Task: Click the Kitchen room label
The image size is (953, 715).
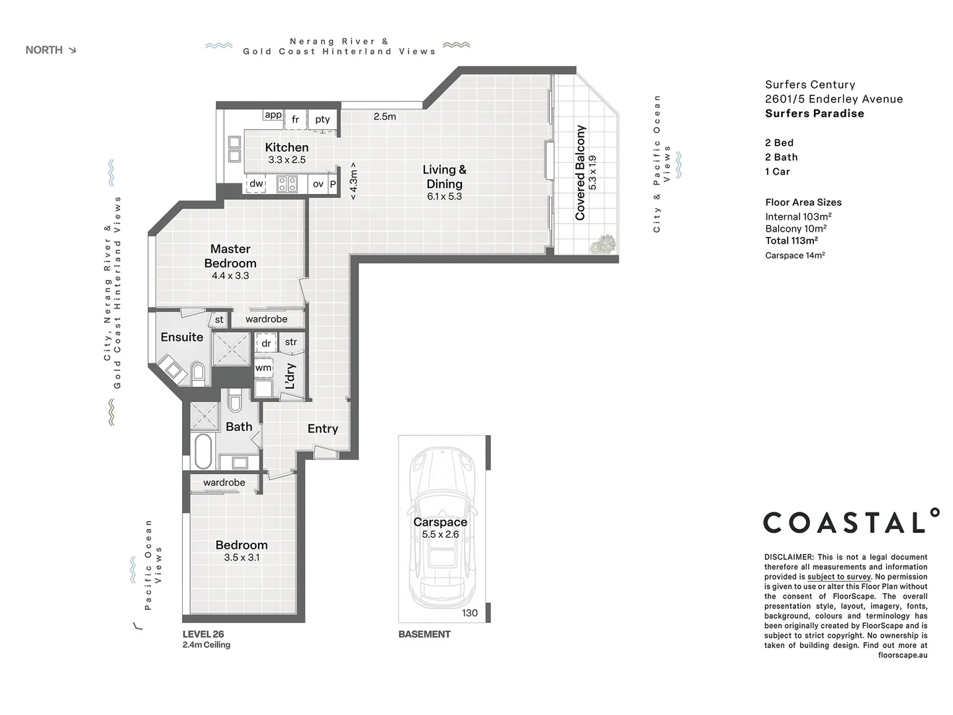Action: coord(287,148)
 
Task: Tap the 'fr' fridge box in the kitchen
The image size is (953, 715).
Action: coord(295,120)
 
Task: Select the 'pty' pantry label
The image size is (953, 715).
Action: coord(322,120)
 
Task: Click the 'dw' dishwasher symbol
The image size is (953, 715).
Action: coord(256,184)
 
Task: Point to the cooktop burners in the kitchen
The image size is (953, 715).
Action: coord(287,184)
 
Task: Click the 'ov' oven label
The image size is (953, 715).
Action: coord(318,184)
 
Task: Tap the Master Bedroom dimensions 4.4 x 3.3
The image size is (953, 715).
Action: coord(230,275)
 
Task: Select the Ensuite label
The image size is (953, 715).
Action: coord(181,337)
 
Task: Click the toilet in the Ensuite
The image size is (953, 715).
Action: coord(198,372)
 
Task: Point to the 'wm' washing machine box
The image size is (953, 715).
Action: coord(263,367)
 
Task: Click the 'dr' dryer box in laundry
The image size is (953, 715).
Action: coord(266,344)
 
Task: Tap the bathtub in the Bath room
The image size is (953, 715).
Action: coord(203,452)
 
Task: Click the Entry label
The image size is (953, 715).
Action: coord(322,429)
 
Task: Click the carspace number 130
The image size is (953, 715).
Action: coord(470,613)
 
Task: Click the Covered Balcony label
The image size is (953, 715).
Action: coord(580,172)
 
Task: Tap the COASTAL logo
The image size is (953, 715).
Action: coord(851,522)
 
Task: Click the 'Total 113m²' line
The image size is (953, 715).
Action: coord(792,240)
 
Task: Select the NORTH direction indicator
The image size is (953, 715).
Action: coord(50,50)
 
